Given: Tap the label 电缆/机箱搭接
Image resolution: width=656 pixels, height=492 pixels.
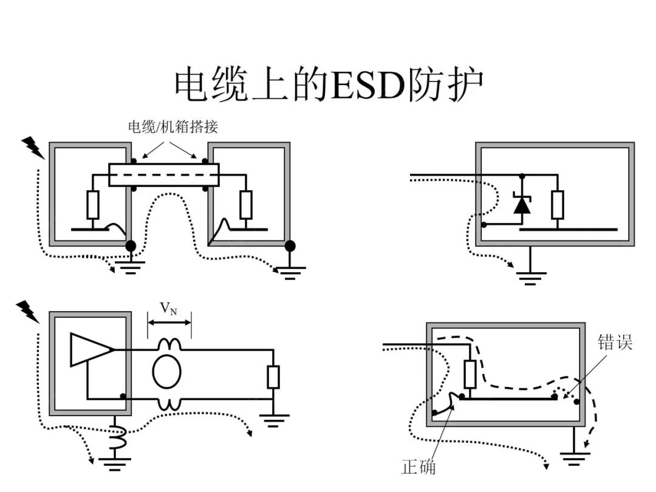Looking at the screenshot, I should [172, 127].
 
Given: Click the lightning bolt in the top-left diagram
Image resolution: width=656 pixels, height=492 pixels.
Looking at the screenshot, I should [32, 148].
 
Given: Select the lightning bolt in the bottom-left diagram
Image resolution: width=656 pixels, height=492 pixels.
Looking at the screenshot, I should [27, 312].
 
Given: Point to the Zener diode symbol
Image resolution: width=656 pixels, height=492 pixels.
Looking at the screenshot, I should [521, 204].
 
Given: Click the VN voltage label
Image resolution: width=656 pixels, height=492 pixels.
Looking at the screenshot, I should [169, 309].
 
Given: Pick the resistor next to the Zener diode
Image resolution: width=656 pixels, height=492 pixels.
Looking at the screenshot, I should [558, 204].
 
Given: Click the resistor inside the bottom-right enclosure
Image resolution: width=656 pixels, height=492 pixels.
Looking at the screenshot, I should [470, 374].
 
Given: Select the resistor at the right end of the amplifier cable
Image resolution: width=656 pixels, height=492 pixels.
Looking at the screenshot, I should [273, 377].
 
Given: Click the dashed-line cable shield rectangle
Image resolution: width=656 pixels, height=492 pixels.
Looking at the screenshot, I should [164, 174].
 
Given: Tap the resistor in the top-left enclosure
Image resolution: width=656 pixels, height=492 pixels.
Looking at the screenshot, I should [92, 205].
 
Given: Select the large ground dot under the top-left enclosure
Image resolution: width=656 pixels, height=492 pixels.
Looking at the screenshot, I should [130, 245].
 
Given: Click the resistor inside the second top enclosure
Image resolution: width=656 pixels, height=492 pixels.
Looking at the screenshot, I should [245, 205].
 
